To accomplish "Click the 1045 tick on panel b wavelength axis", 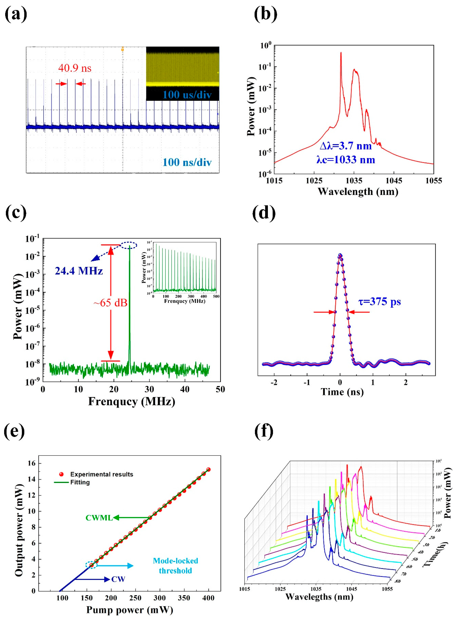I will [x=394, y=181].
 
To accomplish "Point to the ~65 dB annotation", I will [x=110, y=303].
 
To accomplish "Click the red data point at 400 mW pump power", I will [x=208, y=470].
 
